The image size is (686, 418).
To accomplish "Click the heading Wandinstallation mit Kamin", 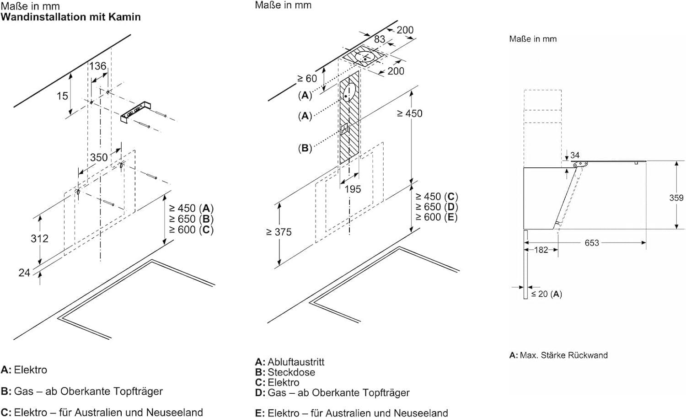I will (71, 17).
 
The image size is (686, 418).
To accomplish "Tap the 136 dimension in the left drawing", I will (97, 66).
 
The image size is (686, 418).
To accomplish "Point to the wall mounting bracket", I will (135, 111).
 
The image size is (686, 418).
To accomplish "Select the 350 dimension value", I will (99, 157).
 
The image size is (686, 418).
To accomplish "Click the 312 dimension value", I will (39, 238).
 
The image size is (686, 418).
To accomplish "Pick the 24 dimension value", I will (24, 273).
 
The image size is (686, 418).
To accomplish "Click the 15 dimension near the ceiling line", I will (62, 96).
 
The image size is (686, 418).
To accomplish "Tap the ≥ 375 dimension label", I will (279, 232).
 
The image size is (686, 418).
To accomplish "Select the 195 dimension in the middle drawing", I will (353, 189).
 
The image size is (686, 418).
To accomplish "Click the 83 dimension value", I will (380, 39).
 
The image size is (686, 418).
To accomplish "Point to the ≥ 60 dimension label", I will (307, 79).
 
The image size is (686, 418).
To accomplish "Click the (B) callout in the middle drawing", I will (305, 148).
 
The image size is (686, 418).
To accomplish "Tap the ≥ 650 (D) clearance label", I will (436, 207).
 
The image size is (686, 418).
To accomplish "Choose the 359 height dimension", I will (676, 198).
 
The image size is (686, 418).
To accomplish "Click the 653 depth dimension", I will (592, 243).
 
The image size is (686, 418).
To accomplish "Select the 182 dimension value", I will (541, 250).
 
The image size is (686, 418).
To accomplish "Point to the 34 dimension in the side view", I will (575, 155).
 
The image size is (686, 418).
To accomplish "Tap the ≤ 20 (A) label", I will (547, 294).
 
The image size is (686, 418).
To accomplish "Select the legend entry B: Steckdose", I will (285, 372).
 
